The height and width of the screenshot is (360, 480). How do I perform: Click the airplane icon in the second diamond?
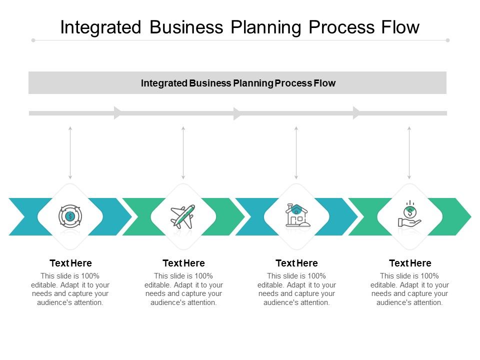pyautogui.click(x=183, y=216)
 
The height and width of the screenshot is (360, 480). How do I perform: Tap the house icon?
pyautogui.click(x=297, y=216)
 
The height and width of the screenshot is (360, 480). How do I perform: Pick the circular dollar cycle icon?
pyautogui.click(x=70, y=216)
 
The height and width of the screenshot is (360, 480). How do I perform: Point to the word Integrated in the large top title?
pyautogui.click(x=101, y=27)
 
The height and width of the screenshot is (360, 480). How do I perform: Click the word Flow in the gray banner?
pyautogui.click(x=324, y=83)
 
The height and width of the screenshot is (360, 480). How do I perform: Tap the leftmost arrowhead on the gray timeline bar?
pyautogui.click(x=118, y=113)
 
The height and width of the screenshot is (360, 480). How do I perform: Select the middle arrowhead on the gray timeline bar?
pyautogui.click(x=237, y=113)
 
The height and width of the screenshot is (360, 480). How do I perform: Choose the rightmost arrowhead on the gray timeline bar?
pyautogui.click(x=356, y=113)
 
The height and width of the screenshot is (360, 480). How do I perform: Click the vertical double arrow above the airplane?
pyautogui.click(x=183, y=152)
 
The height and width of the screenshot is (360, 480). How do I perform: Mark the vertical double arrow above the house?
pyautogui.click(x=296, y=152)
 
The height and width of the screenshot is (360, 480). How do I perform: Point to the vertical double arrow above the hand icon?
pyautogui.click(x=409, y=152)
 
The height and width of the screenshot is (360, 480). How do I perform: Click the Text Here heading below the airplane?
pyautogui.click(x=183, y=263)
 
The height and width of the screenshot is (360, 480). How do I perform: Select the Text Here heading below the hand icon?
pyautogui.click(x=410, y=263)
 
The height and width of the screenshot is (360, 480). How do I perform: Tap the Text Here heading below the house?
pyautogui.click(x=296, y=263)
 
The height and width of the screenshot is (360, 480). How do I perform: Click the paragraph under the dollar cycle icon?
pyautogui.click(x=70, y=289)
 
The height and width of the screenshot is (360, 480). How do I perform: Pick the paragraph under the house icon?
pyautogui.click(x=296, y=289)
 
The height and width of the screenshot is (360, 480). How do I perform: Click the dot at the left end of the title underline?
pyautogui.click(x=33, y=40)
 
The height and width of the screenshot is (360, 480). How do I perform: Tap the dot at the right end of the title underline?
pyautogui.click(x=447, y=40)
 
